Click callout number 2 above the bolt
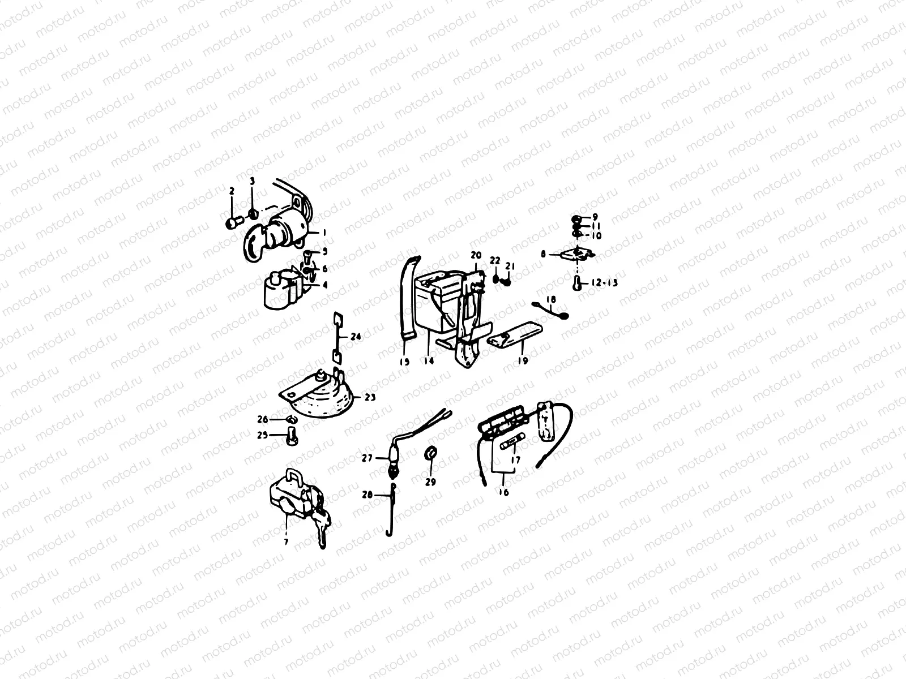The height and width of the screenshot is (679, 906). [231, 192]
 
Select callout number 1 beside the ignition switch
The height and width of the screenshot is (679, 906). [324, 233]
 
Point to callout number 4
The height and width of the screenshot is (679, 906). [325, 285]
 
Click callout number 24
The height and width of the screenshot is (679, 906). [356, 337]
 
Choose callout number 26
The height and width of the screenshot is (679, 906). [262, 419]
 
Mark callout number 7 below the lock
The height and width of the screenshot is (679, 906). [287, 542]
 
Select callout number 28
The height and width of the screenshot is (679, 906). [367, 495]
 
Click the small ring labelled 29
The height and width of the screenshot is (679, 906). [430, 453]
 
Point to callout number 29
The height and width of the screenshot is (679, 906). [431, 482]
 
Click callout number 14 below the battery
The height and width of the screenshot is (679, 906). [429, 360]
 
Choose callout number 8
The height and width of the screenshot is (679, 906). [543, 255]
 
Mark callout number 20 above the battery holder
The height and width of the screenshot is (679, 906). [475, 255]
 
